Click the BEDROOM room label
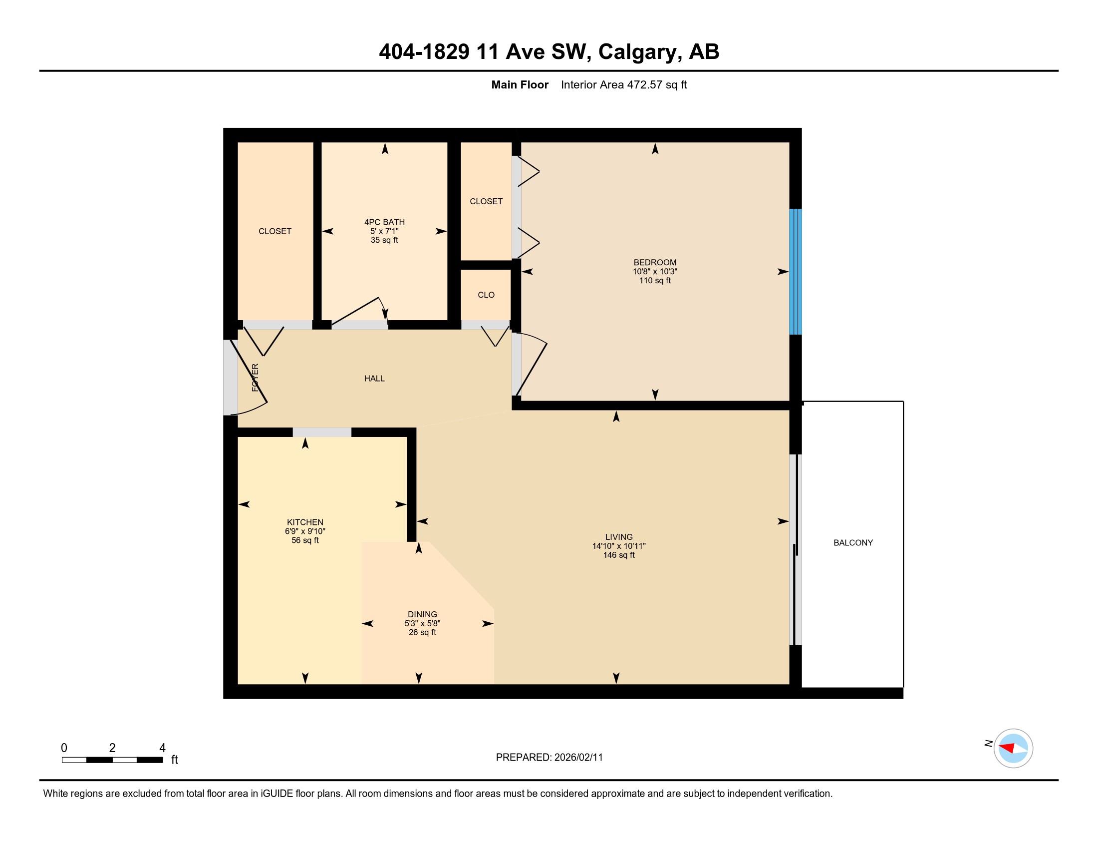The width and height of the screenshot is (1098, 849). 655,262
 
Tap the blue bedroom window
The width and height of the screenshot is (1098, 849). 795,272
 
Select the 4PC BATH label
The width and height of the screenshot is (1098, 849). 384,222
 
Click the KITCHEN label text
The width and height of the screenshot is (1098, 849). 304,522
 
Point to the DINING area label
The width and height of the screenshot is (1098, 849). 422,614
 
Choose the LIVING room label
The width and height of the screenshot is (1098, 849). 618,537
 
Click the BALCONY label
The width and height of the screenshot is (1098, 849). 852,543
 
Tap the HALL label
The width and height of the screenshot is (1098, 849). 374,378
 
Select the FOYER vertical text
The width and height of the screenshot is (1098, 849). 255,378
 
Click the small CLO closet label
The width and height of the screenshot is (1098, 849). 486,295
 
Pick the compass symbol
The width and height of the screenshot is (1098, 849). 1013,748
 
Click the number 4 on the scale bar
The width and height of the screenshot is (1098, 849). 162,748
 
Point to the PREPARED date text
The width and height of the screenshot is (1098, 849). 549,757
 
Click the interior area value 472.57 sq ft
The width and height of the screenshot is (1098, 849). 656,84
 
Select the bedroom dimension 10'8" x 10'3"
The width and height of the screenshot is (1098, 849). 655,271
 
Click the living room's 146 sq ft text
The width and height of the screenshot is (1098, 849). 618,555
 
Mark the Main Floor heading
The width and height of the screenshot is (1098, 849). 520,84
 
